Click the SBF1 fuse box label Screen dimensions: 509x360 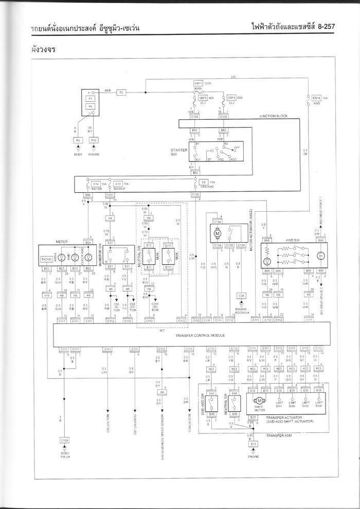198,83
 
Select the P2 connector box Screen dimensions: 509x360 122,92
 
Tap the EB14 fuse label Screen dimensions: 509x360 316,97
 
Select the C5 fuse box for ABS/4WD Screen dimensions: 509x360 204,183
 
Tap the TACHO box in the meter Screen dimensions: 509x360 47,260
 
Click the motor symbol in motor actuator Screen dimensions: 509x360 217,234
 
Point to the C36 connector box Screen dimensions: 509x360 241,296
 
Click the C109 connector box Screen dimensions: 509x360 64,440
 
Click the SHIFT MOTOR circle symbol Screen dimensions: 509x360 259,400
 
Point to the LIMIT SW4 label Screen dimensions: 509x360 319,405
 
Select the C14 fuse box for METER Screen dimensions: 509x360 96,184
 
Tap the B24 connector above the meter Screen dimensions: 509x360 88,242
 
